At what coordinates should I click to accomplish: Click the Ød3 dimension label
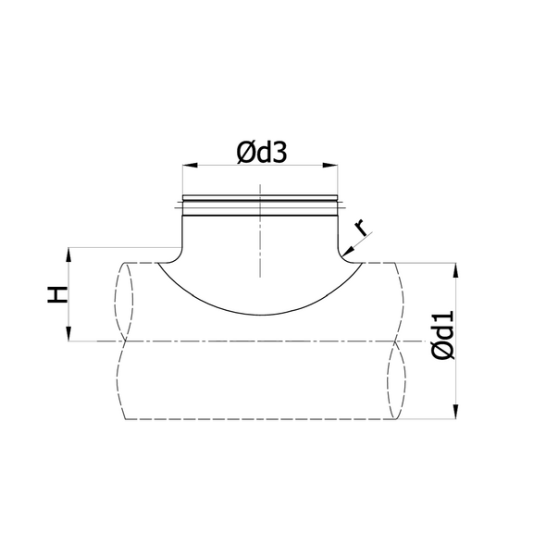(262, 153)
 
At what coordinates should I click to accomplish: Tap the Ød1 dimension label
(443, 335)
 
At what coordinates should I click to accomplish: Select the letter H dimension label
(57, 294)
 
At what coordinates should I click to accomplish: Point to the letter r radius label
(361, 228)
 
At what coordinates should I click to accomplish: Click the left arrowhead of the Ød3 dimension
(190, 165)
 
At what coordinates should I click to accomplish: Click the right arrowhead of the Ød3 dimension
(330, 165)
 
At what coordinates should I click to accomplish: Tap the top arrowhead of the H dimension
(68, 254)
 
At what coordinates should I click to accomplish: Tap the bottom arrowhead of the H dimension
(68, 333)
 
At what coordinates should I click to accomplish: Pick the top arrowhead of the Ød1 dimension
(456, 270)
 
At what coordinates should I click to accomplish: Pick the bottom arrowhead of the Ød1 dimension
(456, 411)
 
